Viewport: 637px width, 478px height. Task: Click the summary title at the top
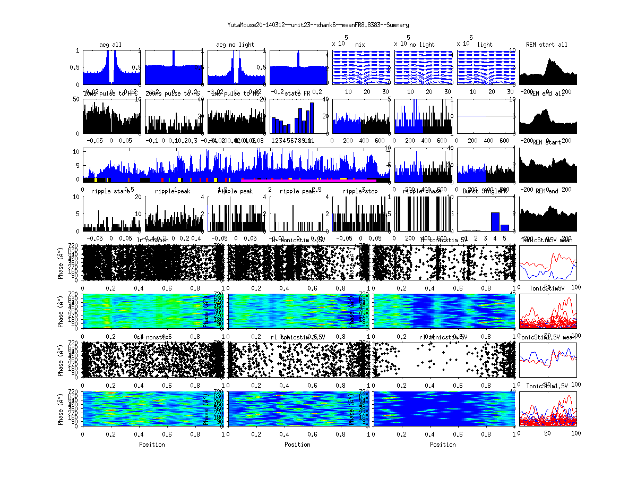(x=318, y=25)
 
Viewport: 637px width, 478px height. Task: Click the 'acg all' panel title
(x=110, y=45)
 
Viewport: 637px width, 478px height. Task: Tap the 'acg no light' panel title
(x=235, y=45)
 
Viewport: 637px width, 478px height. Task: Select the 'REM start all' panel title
(x=547, y=45)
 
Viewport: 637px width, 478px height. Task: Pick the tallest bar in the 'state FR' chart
(x=312, y=103)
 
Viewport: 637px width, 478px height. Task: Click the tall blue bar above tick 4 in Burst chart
(x=495, y=221)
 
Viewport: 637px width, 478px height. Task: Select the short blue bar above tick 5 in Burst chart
(x=505, y=227)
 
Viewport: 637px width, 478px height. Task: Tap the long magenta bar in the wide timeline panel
(x=308, y=181)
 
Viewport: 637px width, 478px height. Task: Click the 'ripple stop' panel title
(x=360, y=191)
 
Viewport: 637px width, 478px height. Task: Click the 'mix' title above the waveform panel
(x=360, y=45)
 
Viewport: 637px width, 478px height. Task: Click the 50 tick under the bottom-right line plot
(x=548, y=433)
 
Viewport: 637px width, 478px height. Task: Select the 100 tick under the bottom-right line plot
(x=575, y=433)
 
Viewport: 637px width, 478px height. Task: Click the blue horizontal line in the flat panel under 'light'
(x=485, y=116)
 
